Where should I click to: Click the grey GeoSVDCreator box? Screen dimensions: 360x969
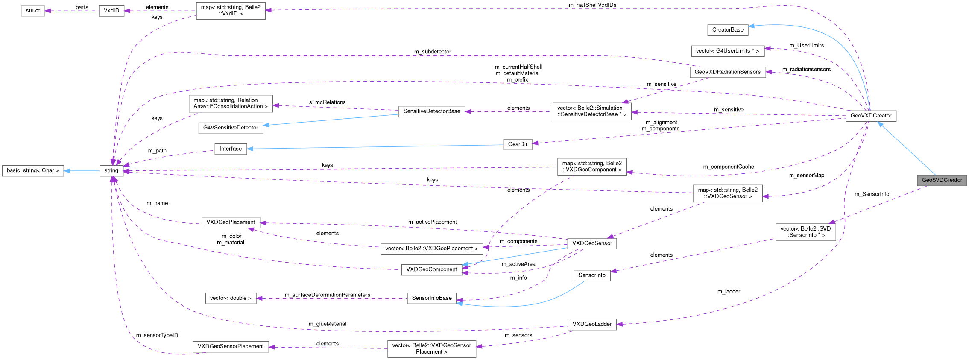[x=942, y=180]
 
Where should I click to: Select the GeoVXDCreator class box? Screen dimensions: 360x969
[x=871, y=116]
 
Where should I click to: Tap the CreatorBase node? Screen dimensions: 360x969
[x=728, y=30]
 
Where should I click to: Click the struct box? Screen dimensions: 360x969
[x=33, y=11]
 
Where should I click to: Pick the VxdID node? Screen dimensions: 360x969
[x=111, y=11]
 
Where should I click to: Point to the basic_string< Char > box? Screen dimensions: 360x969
[x=33, y=170]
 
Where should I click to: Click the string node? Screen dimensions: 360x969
[x=111, y=170]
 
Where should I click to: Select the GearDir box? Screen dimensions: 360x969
[x=518, y=144]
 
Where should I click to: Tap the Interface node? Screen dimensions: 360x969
[x=231, y=149]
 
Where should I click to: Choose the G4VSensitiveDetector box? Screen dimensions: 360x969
[x=231, y=128]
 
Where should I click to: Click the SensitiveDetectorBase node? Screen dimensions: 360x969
[x=432, y=111]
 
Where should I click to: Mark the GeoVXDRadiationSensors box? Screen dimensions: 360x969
[x=727, y=72]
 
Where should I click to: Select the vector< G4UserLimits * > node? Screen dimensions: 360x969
[x=727, y=51]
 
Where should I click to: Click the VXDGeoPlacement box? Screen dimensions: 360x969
[x=231, y=222]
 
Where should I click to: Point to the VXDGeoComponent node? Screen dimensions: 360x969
[x=431, y=269]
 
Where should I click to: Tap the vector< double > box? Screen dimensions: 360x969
[x=231, y=298]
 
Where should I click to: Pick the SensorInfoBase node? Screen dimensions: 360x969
[x=431, y=298]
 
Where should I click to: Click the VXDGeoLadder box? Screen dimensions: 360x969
[x=591, y=324]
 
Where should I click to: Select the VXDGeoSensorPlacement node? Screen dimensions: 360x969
[x=231, y=346]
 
